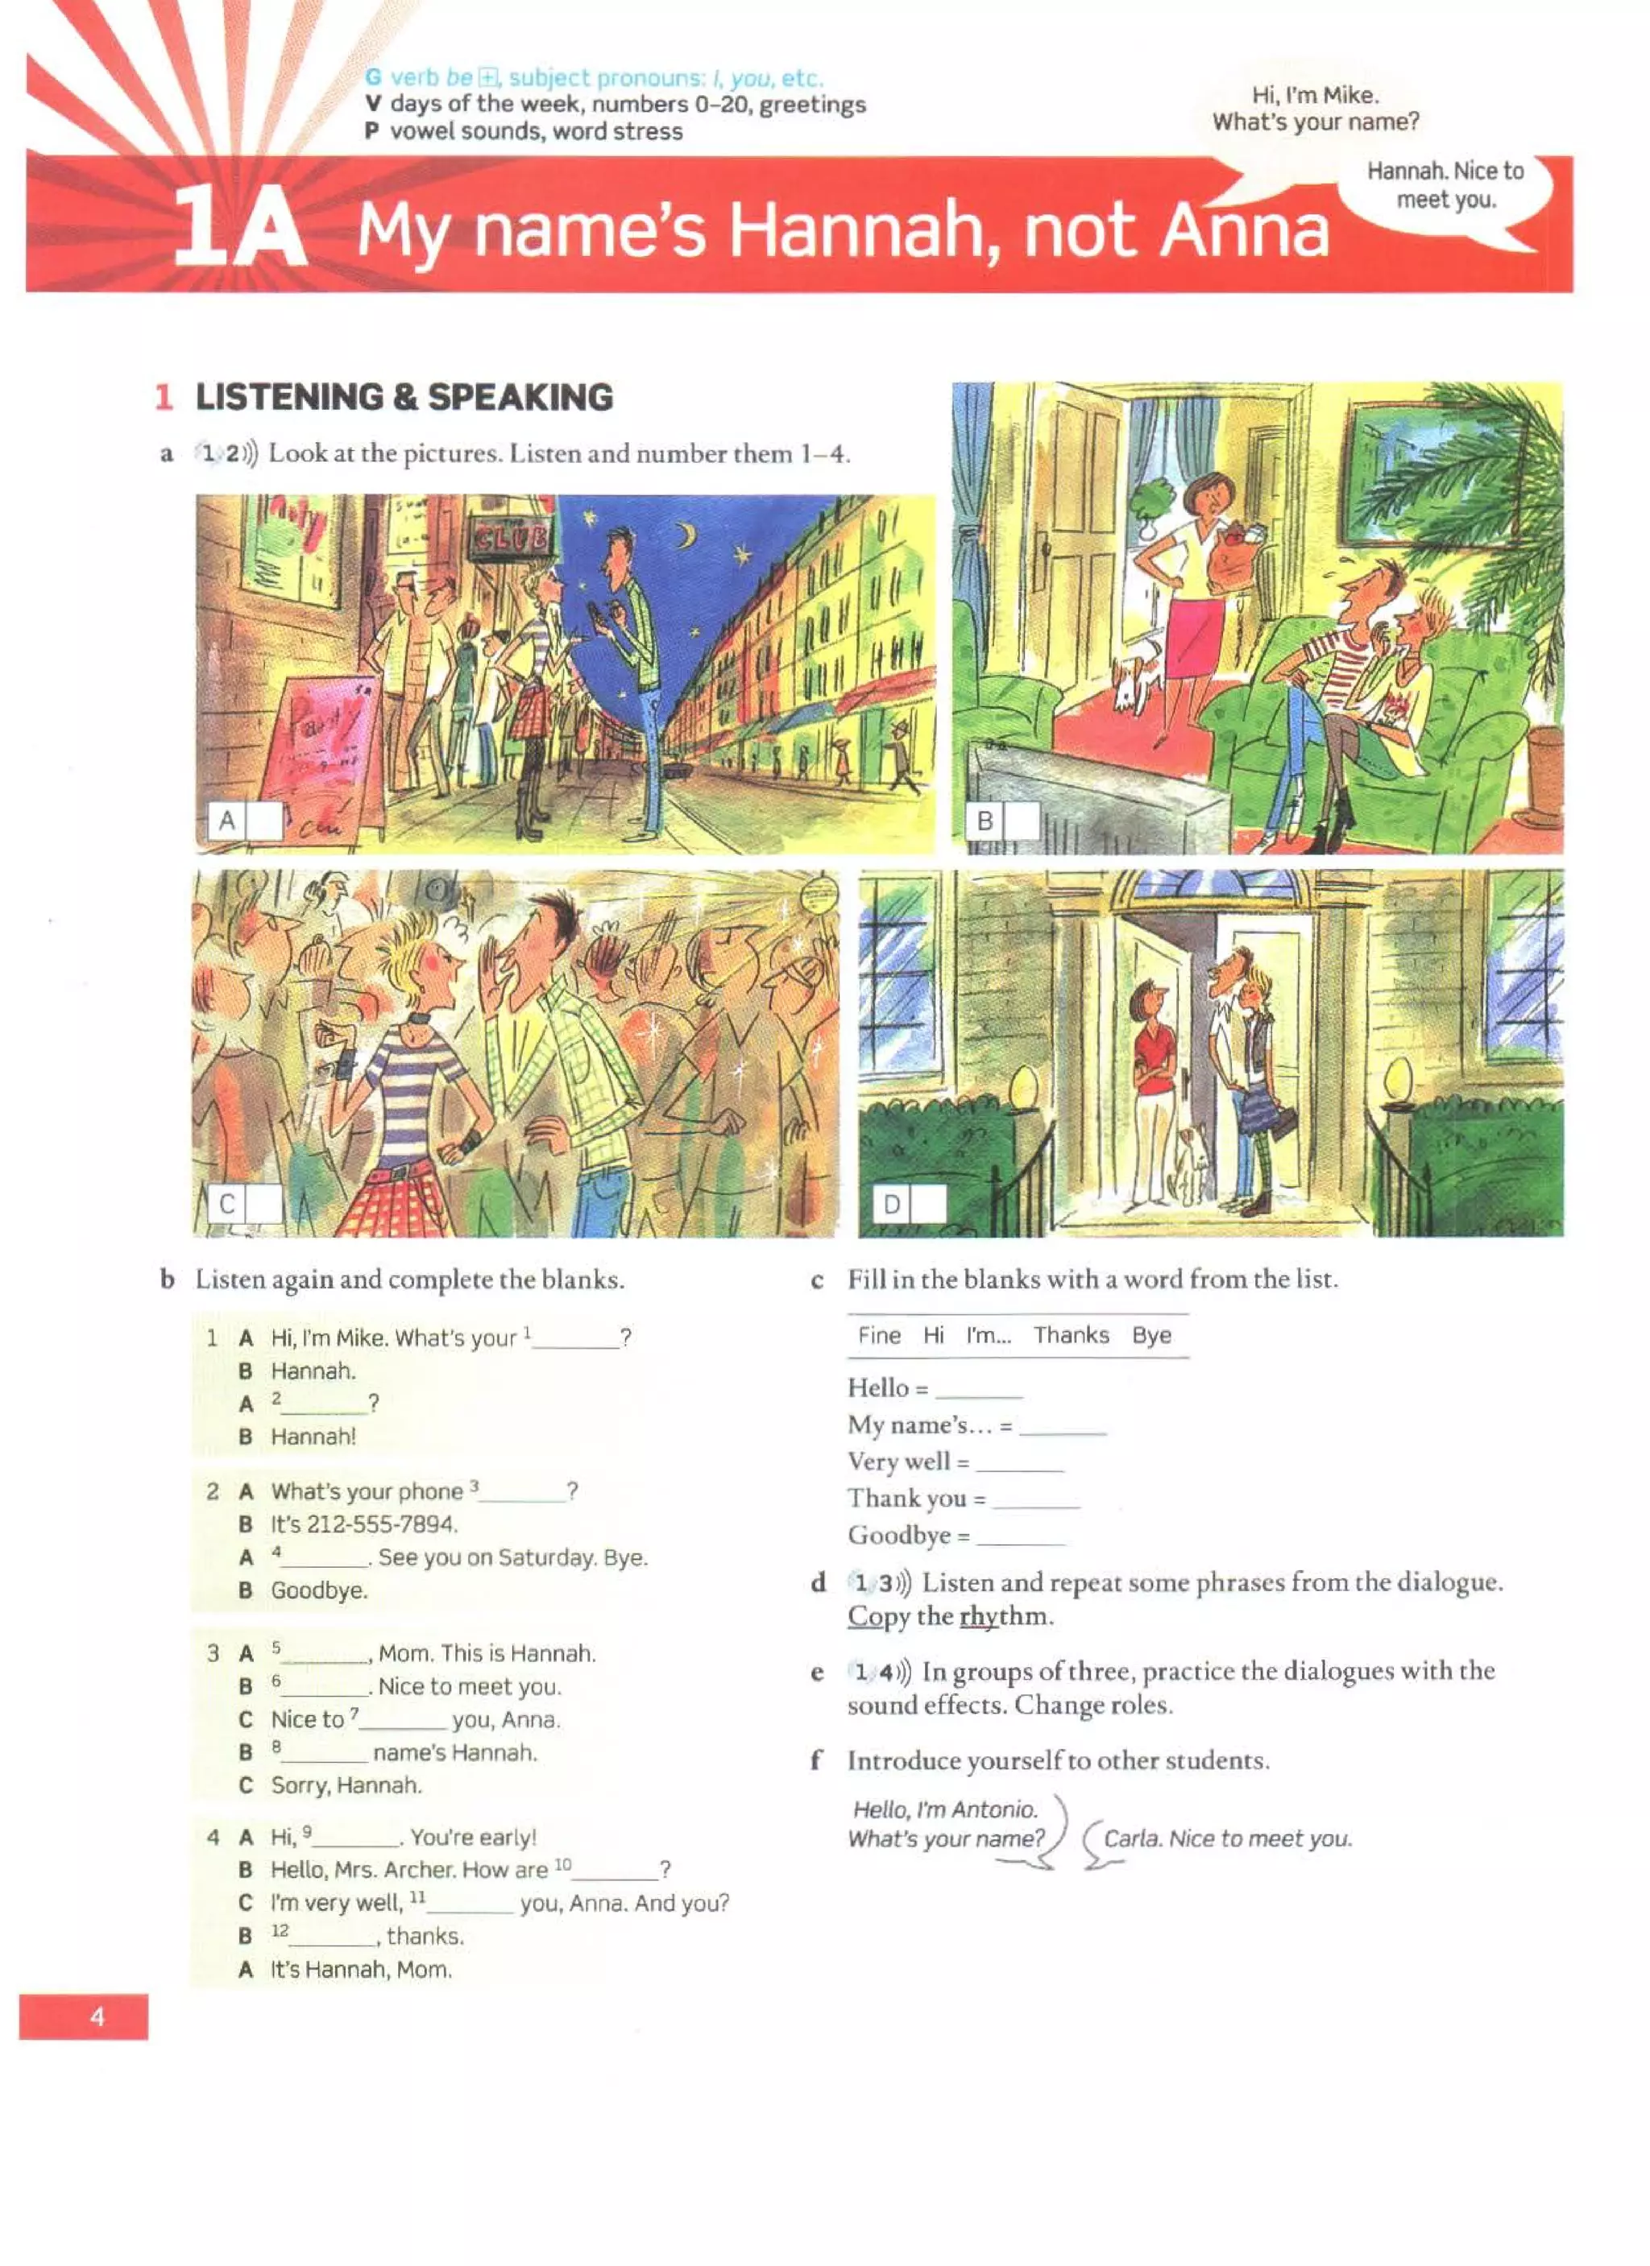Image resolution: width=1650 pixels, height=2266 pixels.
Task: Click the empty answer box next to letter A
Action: pos(263,821)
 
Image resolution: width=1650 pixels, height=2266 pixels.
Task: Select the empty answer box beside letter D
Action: pos(927,1204)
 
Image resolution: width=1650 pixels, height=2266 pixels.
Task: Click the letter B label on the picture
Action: pos(985,821)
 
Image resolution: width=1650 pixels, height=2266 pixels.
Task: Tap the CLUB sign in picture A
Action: pos(512,540)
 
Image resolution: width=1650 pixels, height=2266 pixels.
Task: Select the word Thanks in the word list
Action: pos(1071,1335)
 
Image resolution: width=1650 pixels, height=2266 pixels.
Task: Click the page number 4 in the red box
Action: pos(97,2016)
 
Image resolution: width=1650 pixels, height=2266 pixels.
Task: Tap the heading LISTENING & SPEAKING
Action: pos(404,397)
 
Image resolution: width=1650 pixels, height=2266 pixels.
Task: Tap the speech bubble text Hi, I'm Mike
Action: pos(1314,96)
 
